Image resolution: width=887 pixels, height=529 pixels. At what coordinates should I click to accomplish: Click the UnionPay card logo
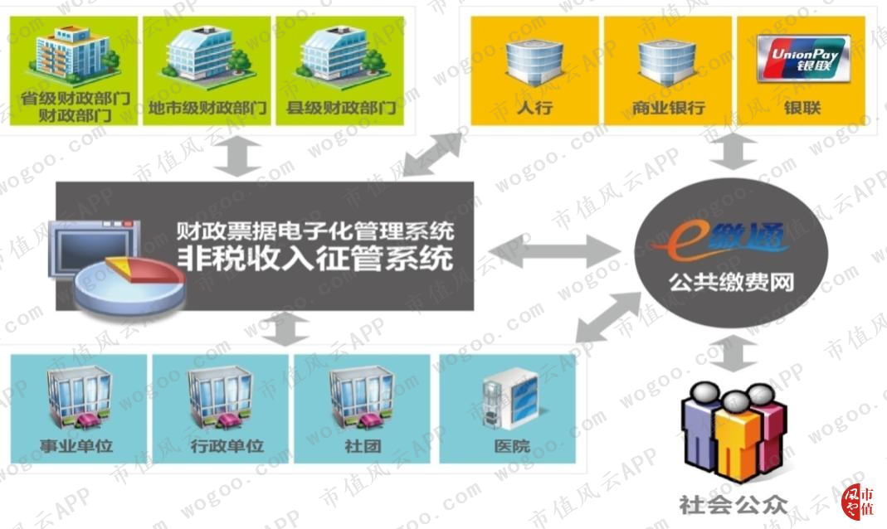pos(803,58)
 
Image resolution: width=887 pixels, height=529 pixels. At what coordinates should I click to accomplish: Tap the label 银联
pos(802,108)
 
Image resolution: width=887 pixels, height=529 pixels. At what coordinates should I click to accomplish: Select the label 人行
pos(534,107)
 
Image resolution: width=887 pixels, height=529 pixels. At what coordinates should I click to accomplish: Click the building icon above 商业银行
pos(667,63)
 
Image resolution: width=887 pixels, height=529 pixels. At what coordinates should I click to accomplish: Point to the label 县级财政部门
pos(341,108)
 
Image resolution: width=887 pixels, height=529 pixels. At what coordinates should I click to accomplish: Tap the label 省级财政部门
pos(76,99)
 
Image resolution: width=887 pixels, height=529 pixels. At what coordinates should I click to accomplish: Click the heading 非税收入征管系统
pos(315,259)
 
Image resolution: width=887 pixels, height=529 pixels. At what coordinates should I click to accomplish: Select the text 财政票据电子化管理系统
pos(315,231)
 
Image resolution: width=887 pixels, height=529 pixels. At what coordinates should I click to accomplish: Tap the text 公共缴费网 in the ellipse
pos(732,282)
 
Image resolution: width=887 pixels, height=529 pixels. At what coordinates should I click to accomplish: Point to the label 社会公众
pos(733,504)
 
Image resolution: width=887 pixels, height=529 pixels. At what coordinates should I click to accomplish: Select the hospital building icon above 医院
pos(511,400)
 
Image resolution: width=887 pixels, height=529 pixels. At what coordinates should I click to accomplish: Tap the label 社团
pos(363,446)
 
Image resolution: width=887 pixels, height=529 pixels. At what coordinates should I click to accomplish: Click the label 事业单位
pos(76,446)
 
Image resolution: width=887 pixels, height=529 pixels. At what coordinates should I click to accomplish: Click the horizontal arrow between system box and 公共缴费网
pos(555,251)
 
